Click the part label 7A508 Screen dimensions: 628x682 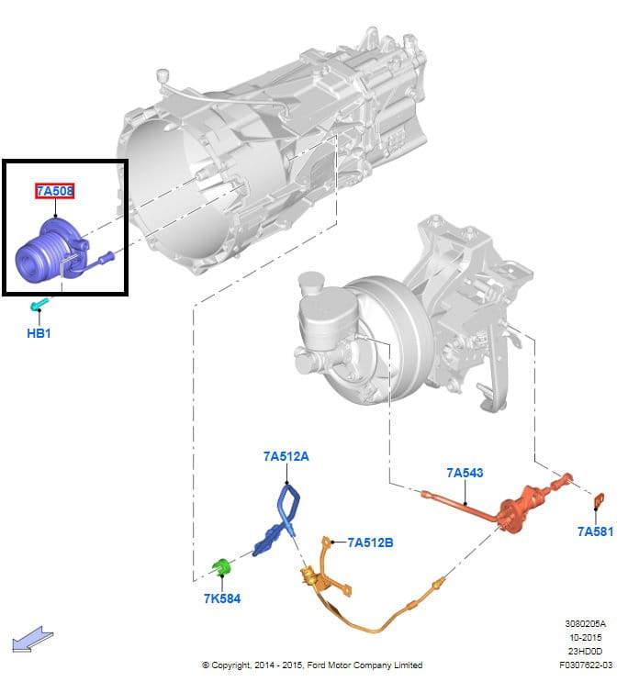tap(55, 191)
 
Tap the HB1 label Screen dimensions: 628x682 tap(39, 333)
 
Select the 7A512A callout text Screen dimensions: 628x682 tap(286, 456)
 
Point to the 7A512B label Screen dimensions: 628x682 tap(370, 542)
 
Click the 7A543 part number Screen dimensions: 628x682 tap(465, 473)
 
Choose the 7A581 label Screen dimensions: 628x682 tap(595, 531)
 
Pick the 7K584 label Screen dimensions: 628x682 tap(222, 598)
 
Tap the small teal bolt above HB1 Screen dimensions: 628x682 tap(39, 304)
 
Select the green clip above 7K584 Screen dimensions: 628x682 tap(221, 565)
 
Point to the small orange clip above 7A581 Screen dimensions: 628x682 tap(599, 500)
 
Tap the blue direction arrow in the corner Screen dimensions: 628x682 tap(32, 640)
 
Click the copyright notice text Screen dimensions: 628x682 tap(312, 665)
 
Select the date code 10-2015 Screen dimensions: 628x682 tap(586, 637)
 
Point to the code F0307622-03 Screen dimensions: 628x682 tap(586, 665)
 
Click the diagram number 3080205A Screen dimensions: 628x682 tap(586, 624)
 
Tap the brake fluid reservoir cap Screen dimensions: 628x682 tap(310, 282)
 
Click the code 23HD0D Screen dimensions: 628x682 tap(586, 651)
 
